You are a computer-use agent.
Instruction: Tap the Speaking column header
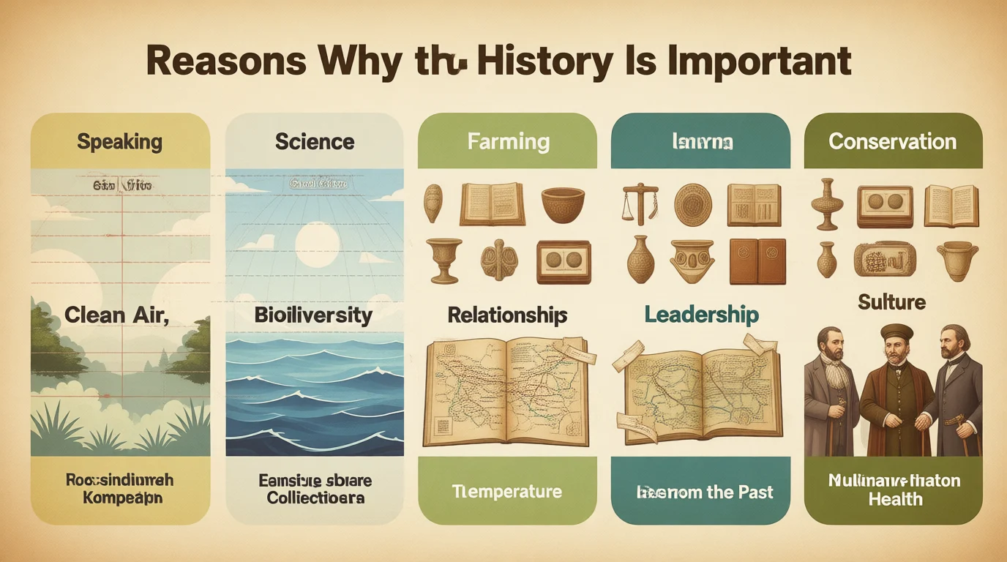point(120,141)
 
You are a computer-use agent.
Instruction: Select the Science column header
point(315,141)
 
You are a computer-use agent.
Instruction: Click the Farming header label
point(509,140)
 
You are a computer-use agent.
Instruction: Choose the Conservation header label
point(892,141)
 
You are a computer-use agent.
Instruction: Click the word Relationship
point(507,315)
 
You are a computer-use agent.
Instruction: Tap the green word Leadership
point(701,315)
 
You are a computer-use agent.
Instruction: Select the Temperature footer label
point(506,491)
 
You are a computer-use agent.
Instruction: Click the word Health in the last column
point(895,500)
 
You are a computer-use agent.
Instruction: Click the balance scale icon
point(639,203)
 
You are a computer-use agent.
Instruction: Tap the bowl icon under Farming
point(563,204)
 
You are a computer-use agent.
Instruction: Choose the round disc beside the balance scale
point(692,204)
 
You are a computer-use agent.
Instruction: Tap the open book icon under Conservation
point(951,205)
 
